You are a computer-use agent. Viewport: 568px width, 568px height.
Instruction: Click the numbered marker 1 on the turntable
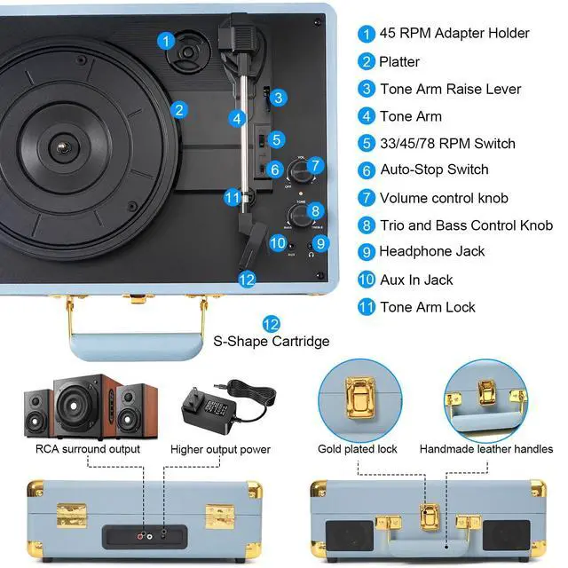(166, 40)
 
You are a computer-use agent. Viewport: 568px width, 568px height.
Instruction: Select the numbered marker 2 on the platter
(179, 110)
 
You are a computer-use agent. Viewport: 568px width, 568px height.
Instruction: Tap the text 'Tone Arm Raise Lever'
(450, 89)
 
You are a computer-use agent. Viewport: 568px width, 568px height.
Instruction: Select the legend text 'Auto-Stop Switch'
(434, 170)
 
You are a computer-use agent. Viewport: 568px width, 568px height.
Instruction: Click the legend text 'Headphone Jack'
(431, 251)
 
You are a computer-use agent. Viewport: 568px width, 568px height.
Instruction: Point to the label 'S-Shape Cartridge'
(271, 342)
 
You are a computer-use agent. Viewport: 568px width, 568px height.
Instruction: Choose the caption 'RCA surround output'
(88, 449)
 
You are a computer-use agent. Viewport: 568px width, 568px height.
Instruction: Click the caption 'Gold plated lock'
(358, 449)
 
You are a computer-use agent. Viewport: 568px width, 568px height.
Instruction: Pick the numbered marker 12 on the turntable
(247, 280)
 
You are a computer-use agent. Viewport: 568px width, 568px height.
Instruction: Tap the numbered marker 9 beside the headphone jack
(321, 242)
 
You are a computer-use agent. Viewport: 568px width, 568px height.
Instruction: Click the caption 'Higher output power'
(220, 449)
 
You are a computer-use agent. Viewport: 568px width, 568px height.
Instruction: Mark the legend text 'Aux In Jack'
(416, 280)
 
